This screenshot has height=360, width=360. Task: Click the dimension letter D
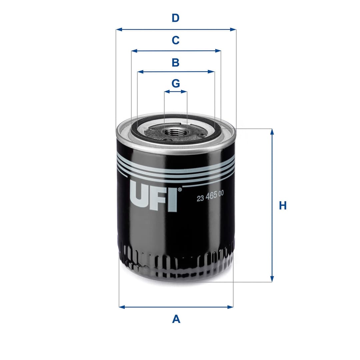(x=176, y=18)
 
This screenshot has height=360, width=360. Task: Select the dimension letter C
(x=176, y=40)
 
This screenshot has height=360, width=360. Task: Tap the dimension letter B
(x=176, y=62)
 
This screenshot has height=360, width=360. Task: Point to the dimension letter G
(x=176, y=83)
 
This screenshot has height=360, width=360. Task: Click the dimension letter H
(x=283, y=206)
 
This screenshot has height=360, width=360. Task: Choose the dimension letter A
(x=176, y=319)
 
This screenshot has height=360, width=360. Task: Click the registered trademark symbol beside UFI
(x=180, y=190)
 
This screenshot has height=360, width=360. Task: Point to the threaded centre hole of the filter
(x=173, y=132)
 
